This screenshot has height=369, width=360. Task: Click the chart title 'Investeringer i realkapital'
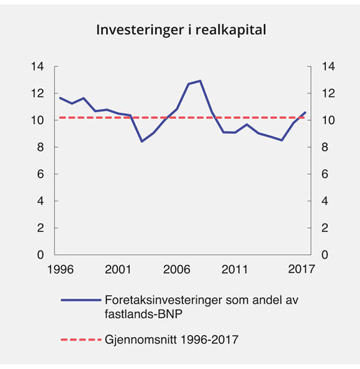180,30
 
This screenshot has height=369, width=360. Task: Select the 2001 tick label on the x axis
117,270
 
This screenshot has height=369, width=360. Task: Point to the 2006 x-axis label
177,270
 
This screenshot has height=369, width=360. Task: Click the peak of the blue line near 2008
200,81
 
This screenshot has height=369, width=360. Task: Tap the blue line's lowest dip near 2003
142,141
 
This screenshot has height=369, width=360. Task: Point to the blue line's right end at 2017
305,112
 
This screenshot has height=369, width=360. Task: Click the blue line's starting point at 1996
60,97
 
